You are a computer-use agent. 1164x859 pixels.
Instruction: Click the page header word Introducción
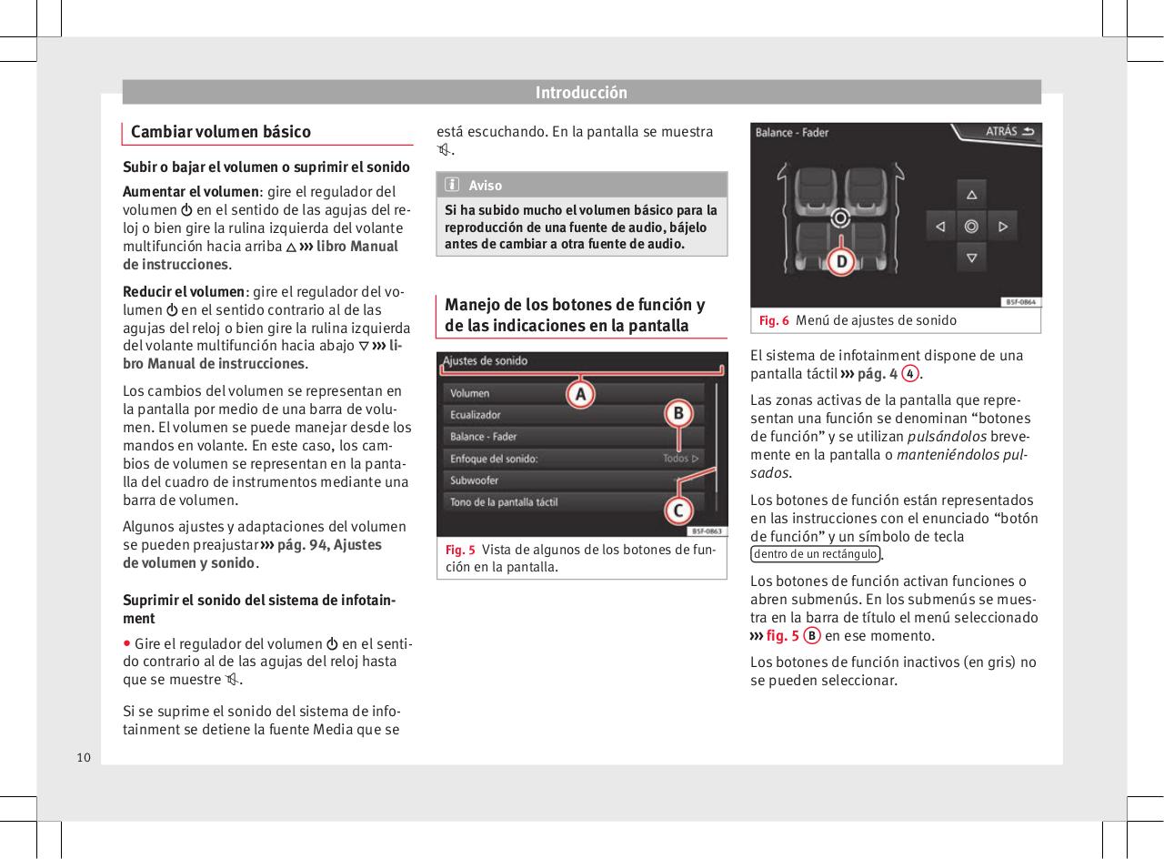pos(581,93)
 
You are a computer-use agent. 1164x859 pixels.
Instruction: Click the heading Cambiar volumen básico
pos(221,132)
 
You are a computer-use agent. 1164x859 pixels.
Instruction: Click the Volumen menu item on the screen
pos(470,393)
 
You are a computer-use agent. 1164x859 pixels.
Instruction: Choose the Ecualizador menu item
pos(476,415)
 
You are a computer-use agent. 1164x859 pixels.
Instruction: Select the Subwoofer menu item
pos(475,480)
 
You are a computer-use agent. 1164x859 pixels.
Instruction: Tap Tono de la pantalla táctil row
pos(504,501)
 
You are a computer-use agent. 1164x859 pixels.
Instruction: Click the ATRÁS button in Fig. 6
pos(1008,132)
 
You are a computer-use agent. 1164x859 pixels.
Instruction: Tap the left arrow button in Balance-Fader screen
pos(940,226)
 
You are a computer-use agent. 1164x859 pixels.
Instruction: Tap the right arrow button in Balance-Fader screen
pos(1002,226)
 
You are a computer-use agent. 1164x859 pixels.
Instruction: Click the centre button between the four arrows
pos(971,226)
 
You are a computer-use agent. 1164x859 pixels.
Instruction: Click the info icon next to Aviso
pos(452,186)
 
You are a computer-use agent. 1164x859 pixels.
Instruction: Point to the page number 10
pos(84,757)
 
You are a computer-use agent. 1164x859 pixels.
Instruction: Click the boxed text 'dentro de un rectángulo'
pos(815,554)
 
